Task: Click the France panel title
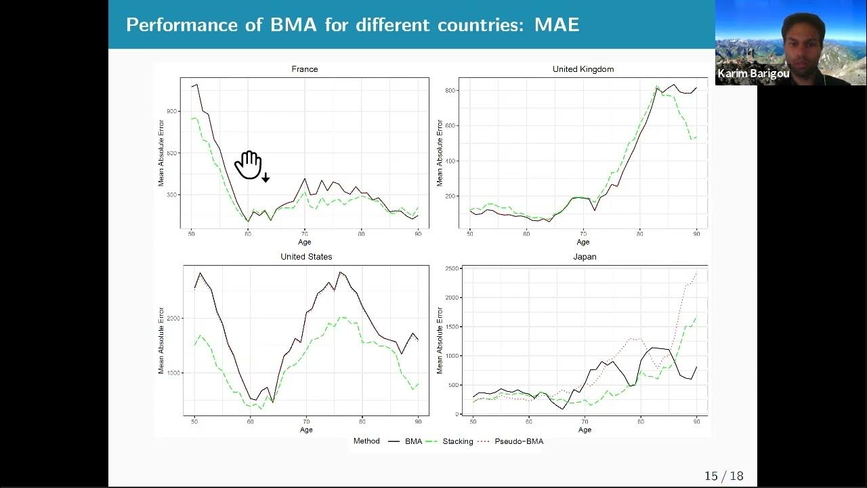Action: tap(304, 69)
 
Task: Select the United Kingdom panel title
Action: tap(583, 69)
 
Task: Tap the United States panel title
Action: tap(306, 258)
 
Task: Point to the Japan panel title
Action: tap(585, 258)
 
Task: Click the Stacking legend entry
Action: tap(458, 441)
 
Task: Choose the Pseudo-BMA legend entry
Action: tap(519, 441)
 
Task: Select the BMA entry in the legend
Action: tap(413, 441)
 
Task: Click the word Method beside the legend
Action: tap(366, 441)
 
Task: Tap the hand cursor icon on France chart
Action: tap(249, 165)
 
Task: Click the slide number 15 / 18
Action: tap(723, 476)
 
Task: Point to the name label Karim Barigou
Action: tap(753, 74)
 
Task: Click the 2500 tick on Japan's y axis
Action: tap(453, 269)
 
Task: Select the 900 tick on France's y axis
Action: tap(171, 111)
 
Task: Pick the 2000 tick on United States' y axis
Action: tap(173, 319)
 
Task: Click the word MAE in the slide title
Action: tap(557, 25)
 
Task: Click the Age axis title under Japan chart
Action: tap(585, 430)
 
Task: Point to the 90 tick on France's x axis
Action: tap(418, 234)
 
